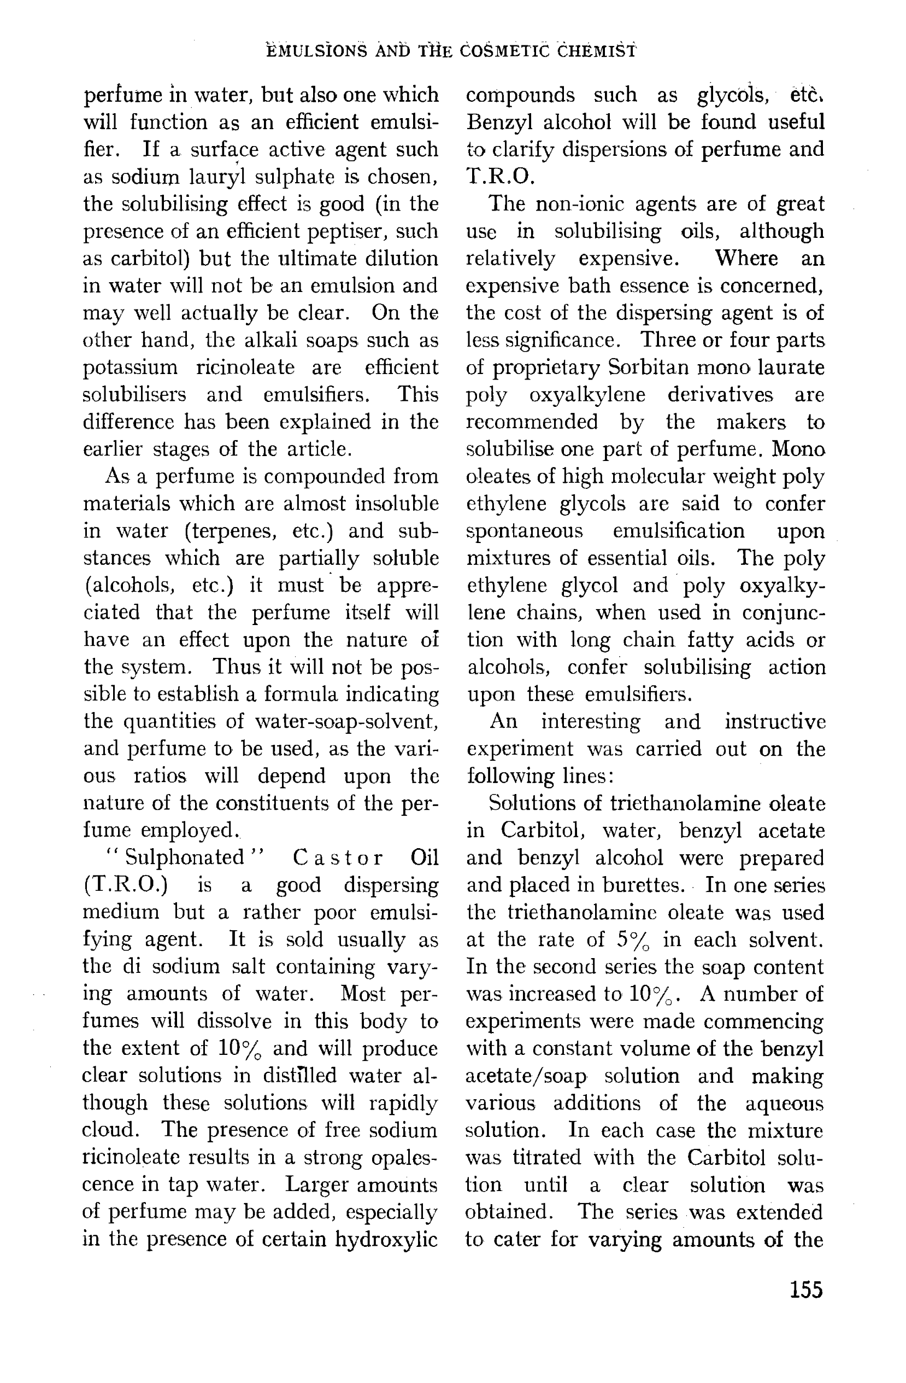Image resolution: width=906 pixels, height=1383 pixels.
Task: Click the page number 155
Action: pos(806,1290)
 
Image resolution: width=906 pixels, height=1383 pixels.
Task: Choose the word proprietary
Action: pos(546,368)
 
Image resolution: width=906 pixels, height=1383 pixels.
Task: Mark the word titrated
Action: pos(546,1157)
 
